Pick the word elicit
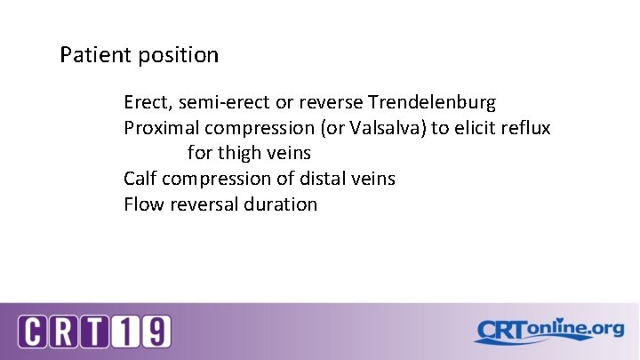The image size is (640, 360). pos(474,128)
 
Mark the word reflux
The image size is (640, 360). pos(526,128)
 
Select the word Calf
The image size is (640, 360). pos(140,179)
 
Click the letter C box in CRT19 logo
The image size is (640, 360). pos(34,332)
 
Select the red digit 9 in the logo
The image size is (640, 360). pos(156,332)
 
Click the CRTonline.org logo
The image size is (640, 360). pos(548,331)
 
